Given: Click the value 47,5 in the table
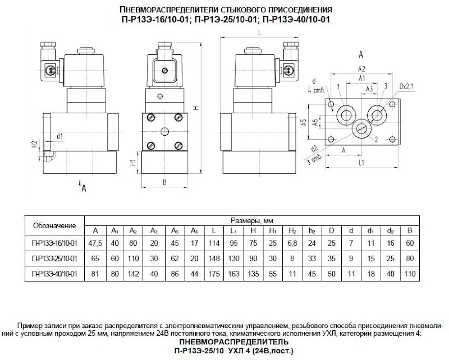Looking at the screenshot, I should (95, 242).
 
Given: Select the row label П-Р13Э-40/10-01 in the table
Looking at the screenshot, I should (54, 274).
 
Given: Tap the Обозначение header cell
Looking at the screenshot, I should (54, 225).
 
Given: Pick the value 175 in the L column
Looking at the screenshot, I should (214, 274).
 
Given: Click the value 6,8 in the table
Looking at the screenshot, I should (292, 242).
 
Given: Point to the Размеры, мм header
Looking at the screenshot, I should (251, 220).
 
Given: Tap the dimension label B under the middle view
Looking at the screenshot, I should (164, 182).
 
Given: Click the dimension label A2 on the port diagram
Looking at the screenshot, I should (362, 68).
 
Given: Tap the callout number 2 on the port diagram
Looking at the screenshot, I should (376, 139).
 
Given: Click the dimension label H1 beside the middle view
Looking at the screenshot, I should (132, 163).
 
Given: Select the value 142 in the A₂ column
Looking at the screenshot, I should (133, 274).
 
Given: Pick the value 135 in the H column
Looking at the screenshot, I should (253, 274).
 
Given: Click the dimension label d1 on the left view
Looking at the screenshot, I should (59, 136).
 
